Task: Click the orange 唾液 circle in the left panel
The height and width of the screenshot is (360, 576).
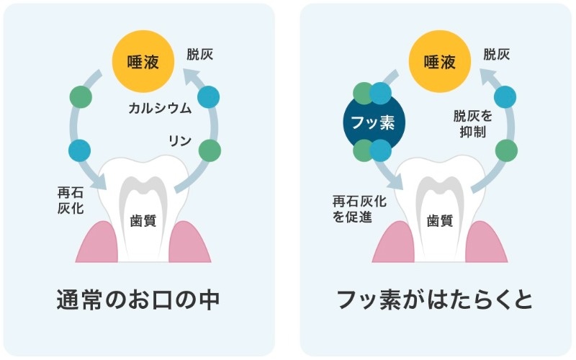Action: pos(143,61)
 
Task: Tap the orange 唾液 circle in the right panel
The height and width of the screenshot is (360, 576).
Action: pos(440,61)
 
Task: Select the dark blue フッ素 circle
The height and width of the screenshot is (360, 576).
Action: pos(374,122)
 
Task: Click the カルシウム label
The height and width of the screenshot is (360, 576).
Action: pos(160,108)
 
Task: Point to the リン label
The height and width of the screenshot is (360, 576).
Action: pos(179,140)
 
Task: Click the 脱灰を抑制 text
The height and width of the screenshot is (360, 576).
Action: pos(473,124)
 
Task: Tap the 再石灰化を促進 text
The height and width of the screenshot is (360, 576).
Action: pos(359,209)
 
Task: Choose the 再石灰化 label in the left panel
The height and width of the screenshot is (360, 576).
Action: pos(71,200)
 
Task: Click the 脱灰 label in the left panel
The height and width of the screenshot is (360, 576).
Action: pos(200,55)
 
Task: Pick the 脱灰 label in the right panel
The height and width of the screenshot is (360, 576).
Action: pos(497,55)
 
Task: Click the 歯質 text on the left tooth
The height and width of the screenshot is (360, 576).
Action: pos(143,221)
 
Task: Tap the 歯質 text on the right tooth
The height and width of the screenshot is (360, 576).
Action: pos(440,221)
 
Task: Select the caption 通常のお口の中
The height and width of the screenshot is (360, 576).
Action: pos(138,300)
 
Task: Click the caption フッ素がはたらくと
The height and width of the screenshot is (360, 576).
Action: pos(435,300)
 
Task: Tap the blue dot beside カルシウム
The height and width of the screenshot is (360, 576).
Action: pos(208,97)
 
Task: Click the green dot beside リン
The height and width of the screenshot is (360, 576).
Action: pos(210,150)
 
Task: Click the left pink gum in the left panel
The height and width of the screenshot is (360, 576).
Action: pos(99,243)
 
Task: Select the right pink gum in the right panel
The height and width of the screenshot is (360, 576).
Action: pos(487,243)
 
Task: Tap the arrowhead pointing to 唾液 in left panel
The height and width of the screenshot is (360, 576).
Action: pos(192,76)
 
